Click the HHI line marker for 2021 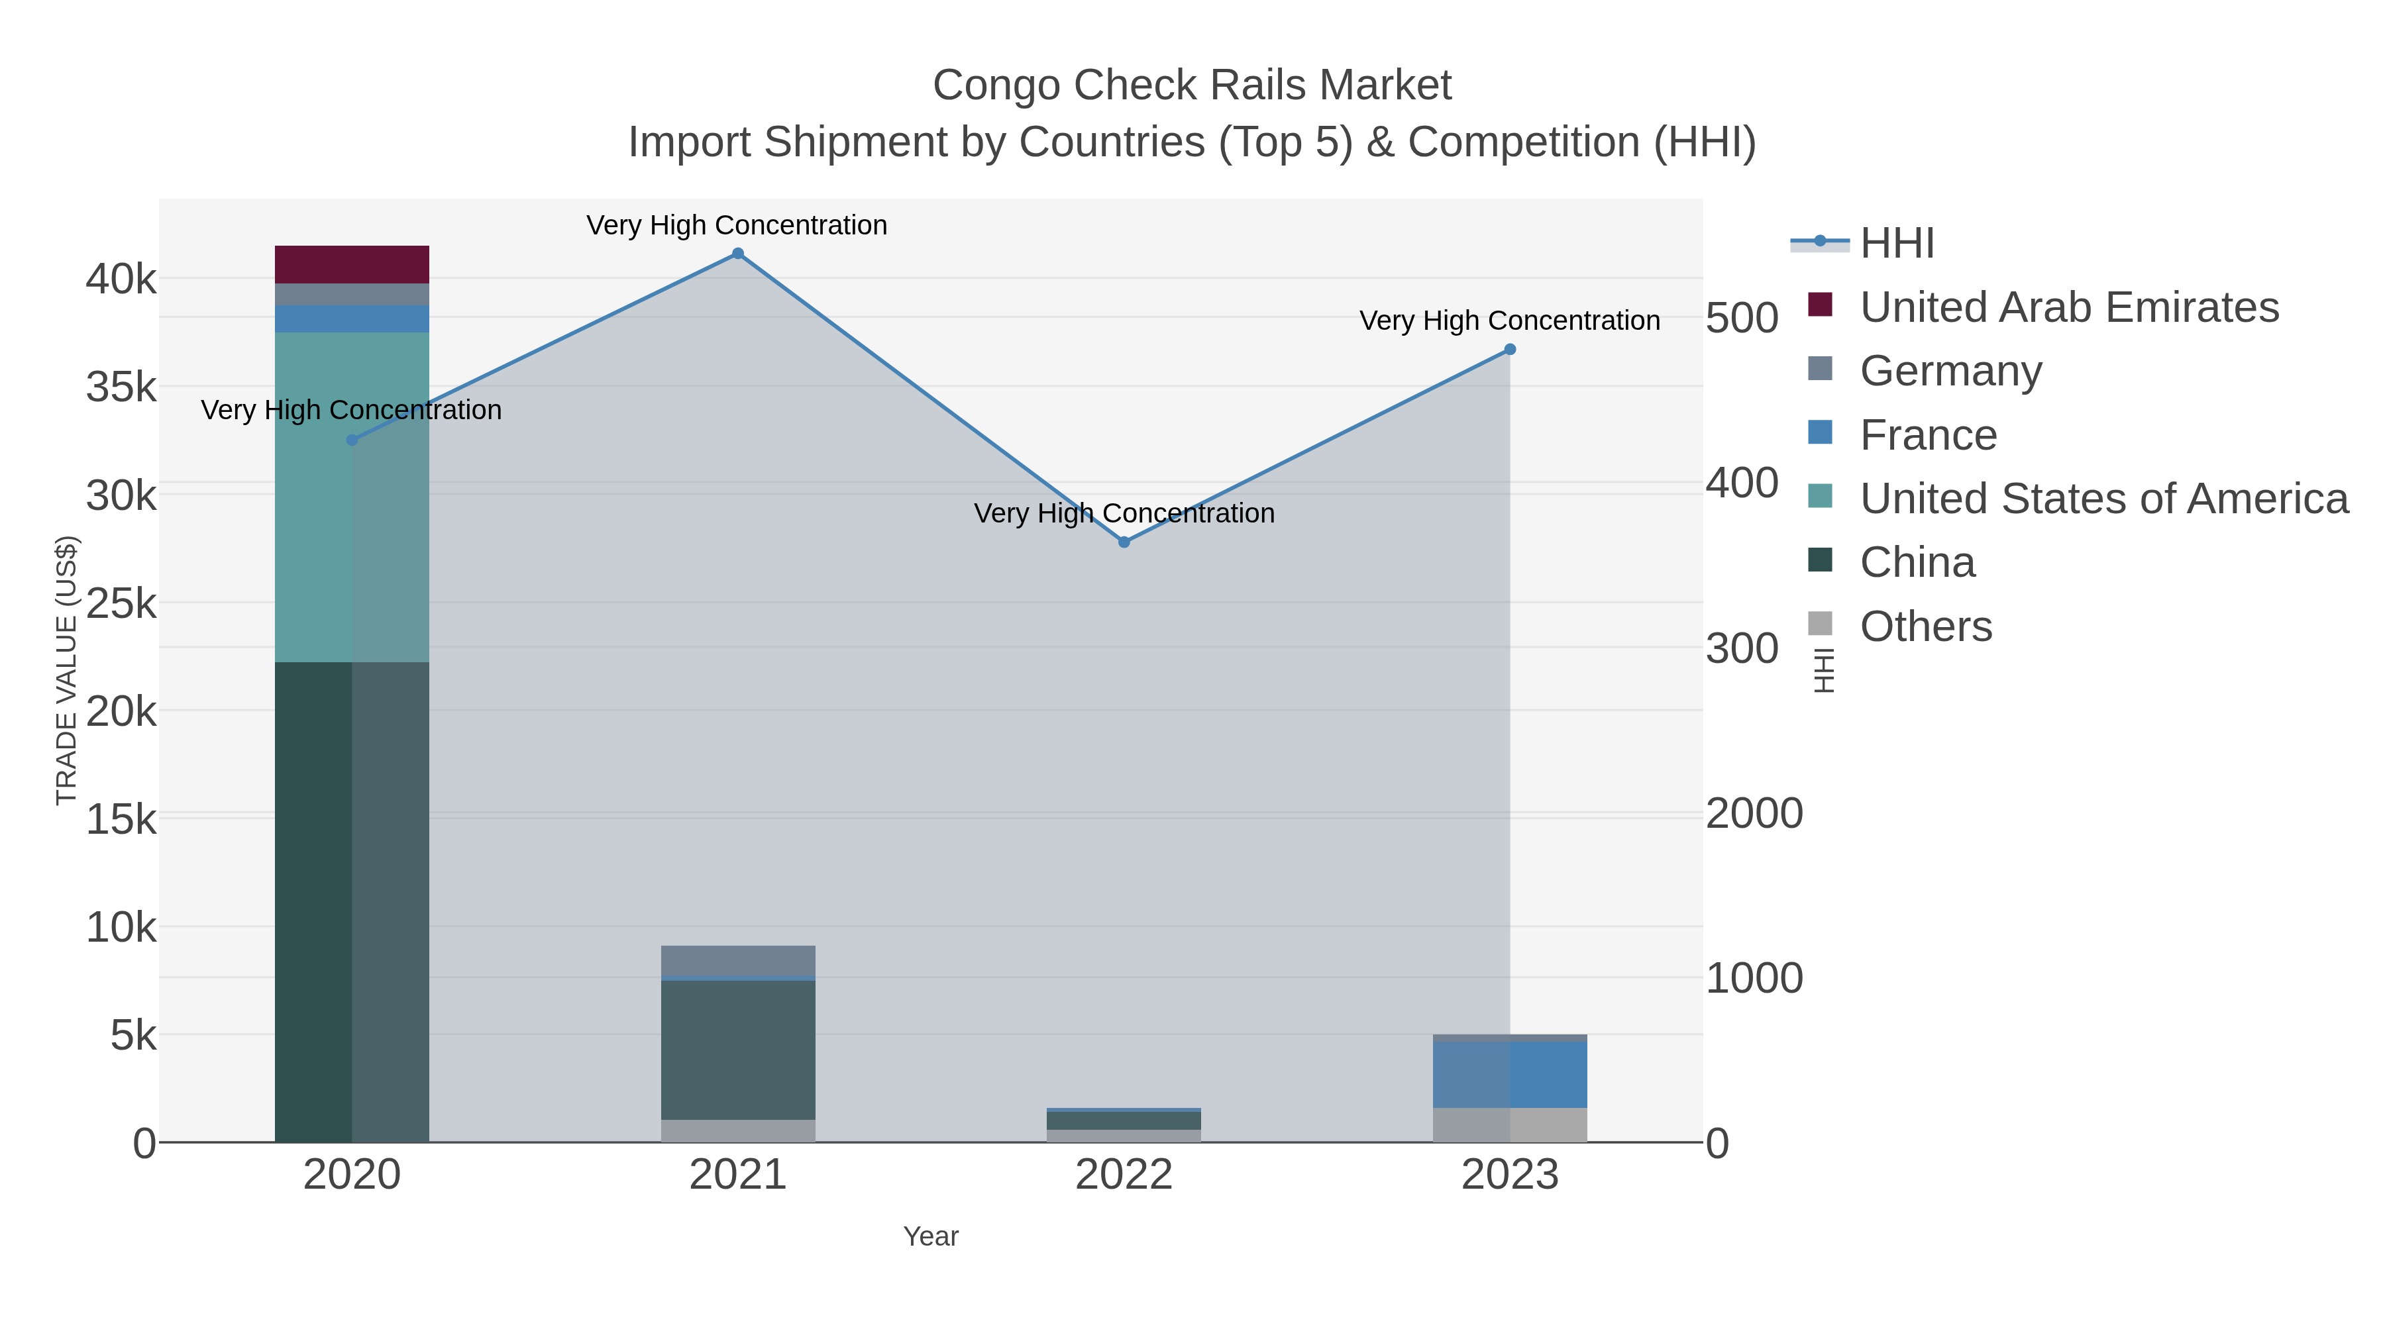point(738,254)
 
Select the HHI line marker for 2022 point(1124,542)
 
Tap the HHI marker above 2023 point(1510,350)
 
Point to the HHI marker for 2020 point(352,440)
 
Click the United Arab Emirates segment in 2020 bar point(352,265)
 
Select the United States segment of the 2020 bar point(352,497)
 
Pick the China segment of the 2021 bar point(738,1050)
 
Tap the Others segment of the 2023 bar point(1510,1124)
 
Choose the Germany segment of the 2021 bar point(738,961)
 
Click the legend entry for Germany point(1951,371)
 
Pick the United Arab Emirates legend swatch point(1821,305)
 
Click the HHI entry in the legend point(1897,244)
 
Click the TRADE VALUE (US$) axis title point(67,670)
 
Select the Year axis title point(931,1236)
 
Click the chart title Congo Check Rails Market point(1192,85)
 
